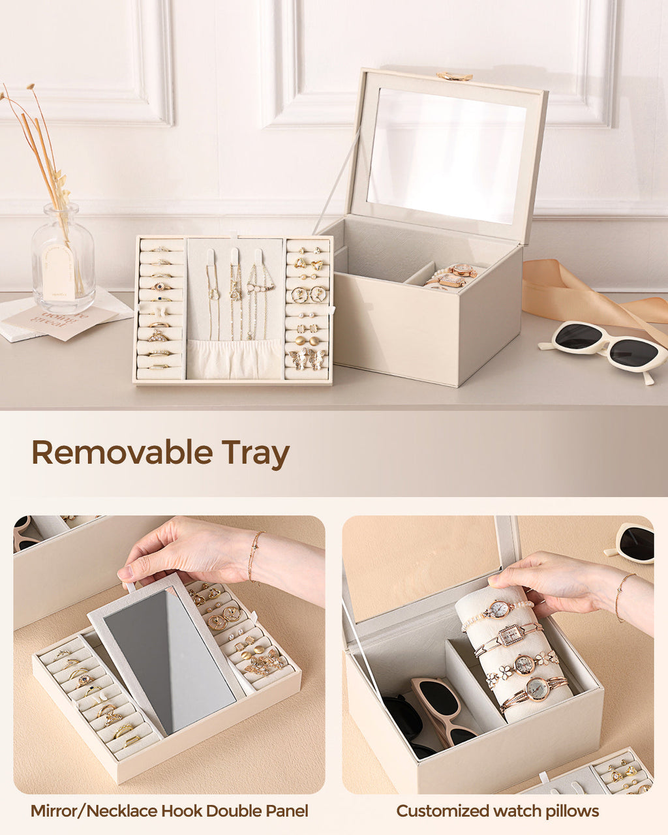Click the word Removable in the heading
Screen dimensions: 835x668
point(122,453)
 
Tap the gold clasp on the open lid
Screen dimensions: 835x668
point(454,76)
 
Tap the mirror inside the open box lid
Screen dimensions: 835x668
point(446,156)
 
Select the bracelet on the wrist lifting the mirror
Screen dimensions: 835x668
point(254,555)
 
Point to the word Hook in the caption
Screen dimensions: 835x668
point(183,812)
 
